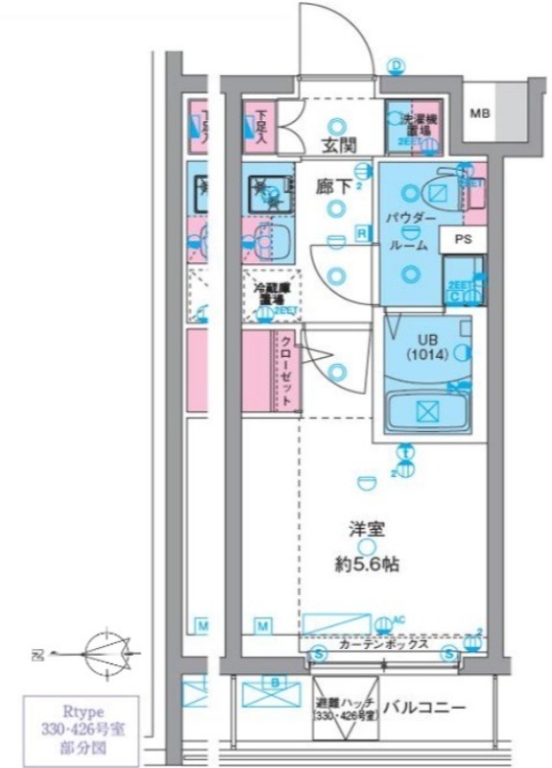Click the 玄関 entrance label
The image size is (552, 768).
click(336, 145)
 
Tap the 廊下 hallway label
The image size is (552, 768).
click(334, 187)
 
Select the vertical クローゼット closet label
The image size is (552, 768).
click(286, 371)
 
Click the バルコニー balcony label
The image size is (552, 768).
click(424, 708)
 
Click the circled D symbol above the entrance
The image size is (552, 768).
click(396, 65)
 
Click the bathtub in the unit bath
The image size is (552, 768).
click(425, 410)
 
